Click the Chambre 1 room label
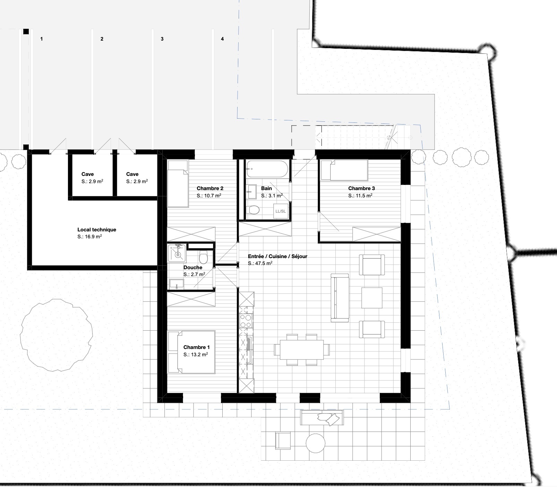pos(196,347)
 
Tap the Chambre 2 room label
pos(210,188)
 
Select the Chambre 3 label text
pos(361,188)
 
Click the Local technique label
pos(97,230)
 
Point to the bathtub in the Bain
pos(267,169)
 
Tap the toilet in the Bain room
pos(254,210)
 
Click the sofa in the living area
pos(340,298)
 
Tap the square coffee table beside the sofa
pos(372,298)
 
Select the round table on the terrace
pos(316,443)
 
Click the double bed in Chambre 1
pos(192,352)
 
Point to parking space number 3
pos(162,39)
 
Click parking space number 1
pos(42,39)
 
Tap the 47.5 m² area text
pos(260,264)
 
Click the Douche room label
pos(193,267)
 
